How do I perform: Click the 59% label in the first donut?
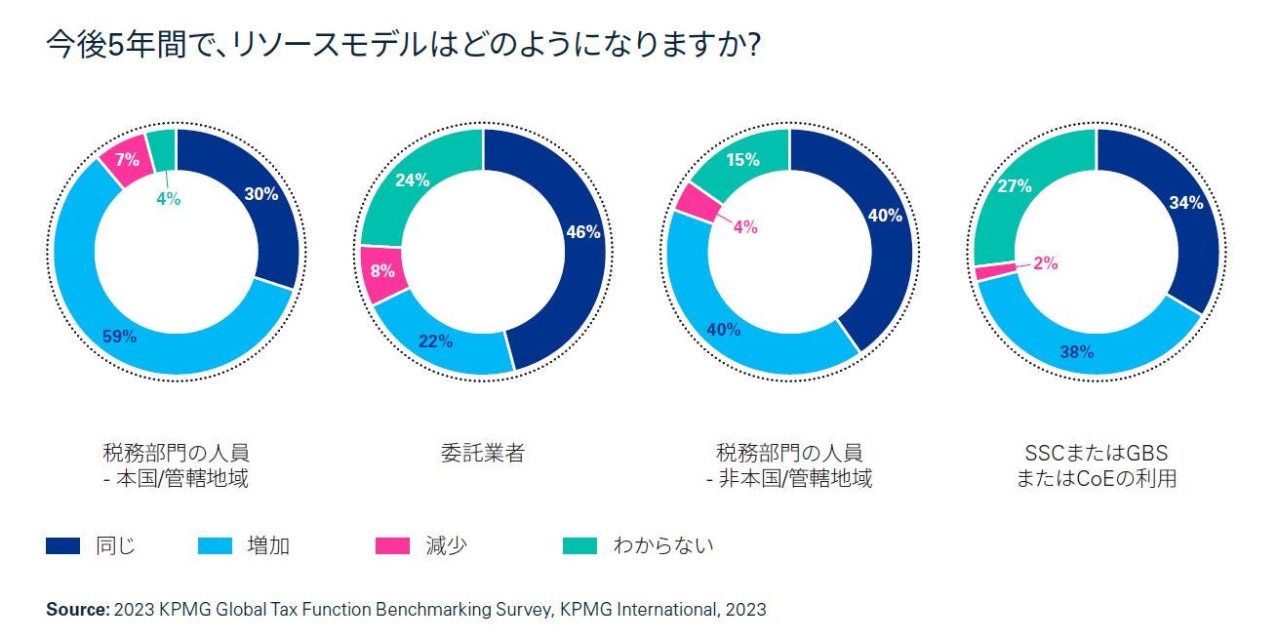(119, 337)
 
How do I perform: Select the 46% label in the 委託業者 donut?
(583, 232)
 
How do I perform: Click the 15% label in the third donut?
(743, 160)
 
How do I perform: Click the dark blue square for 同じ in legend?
(62, 546)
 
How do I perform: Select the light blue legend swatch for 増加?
(216, 546)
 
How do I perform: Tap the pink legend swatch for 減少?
(393, 546)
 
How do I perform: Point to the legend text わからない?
(662, 546)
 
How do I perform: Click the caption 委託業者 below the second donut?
(483, 454)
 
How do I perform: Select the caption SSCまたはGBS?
(1096, 454)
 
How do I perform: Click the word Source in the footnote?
(77, 610)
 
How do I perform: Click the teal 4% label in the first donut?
(168, 198)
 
